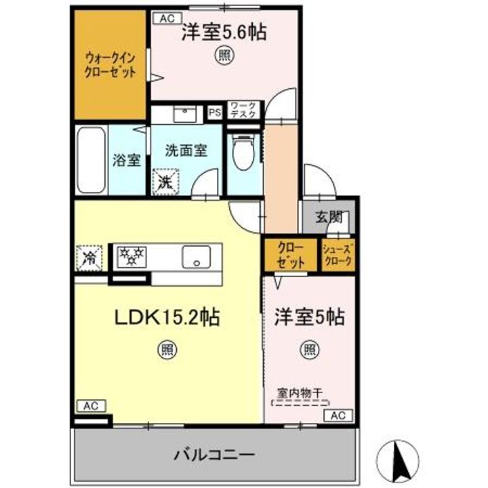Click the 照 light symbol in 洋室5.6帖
(222, 56)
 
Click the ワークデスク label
(243, 110)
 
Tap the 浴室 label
(127, 161)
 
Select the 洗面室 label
(185, 151)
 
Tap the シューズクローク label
(337, 254)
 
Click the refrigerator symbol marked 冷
(89, 258)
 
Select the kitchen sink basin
(196, 257)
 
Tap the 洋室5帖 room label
(309, 318)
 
